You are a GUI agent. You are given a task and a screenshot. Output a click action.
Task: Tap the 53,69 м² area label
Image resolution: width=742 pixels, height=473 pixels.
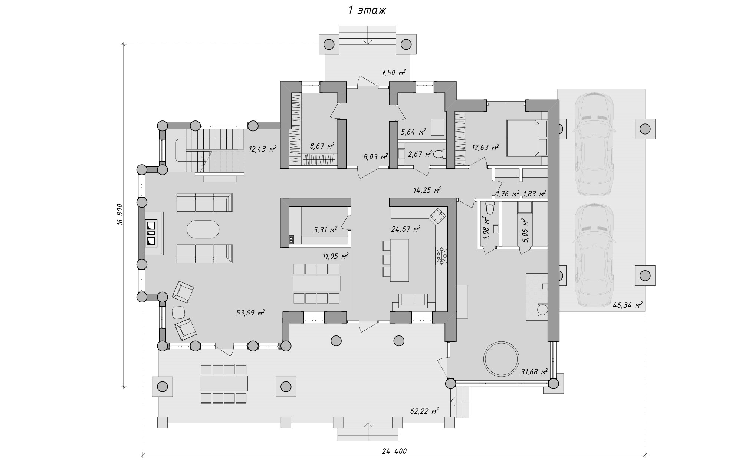click(250, 313)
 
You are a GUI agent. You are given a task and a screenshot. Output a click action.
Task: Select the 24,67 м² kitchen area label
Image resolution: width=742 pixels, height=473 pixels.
click(406, 229)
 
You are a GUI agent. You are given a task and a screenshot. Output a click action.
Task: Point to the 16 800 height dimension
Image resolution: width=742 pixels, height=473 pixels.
click(119, 215)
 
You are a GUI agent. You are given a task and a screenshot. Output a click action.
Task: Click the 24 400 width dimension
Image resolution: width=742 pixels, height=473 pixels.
click(394, 451)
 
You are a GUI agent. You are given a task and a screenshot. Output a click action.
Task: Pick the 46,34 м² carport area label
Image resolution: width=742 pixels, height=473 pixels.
click(628, 305)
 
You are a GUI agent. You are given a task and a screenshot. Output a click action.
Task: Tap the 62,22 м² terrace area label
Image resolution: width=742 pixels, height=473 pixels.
click(424, 411)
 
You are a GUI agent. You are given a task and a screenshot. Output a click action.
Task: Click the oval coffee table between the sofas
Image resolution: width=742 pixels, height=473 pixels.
click(203, 230)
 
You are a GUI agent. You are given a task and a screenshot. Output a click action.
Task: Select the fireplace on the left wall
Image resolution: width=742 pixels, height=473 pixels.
click(151, 233)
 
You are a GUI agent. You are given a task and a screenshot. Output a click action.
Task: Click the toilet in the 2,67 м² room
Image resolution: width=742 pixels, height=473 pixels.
click(440, 154)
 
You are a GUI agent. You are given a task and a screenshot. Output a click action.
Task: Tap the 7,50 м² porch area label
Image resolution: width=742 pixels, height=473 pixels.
click(394, 73)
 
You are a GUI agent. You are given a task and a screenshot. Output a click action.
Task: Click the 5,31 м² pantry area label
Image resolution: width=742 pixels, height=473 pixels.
click(325, 230)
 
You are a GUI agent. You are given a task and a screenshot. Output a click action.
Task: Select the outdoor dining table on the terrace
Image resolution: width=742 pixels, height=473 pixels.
click(224, 384)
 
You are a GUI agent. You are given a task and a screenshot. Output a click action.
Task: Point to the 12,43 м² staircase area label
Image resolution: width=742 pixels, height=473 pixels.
click(263, 149)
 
